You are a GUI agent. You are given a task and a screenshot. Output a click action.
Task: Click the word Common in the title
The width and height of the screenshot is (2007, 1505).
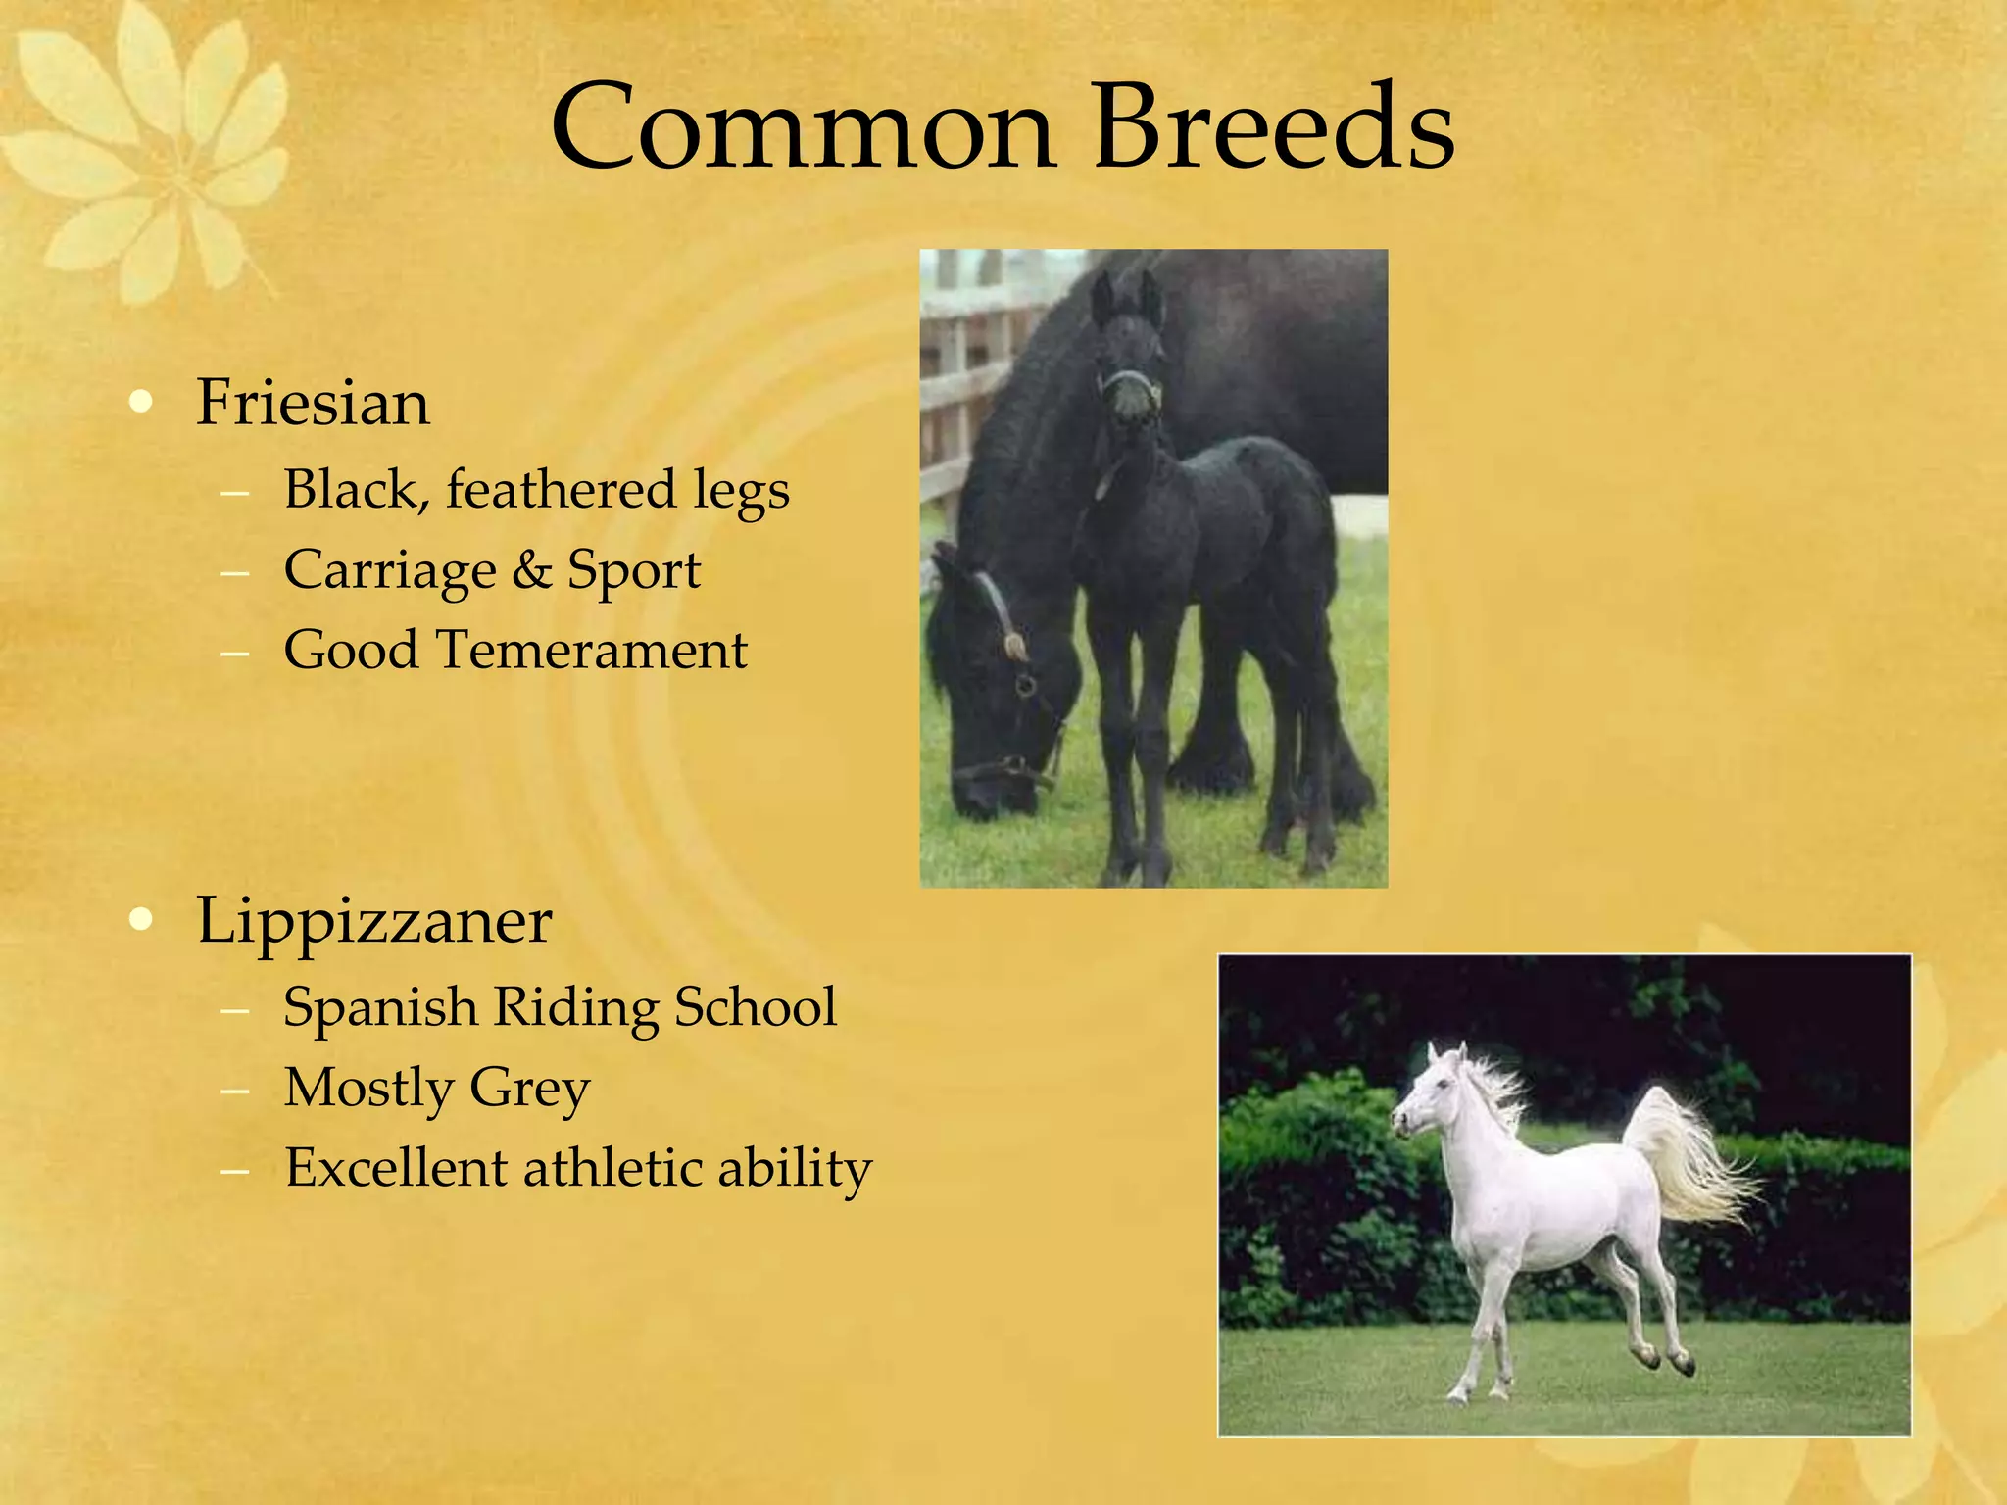803,128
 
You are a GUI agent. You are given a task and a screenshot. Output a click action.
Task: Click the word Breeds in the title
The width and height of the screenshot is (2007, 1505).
1273,128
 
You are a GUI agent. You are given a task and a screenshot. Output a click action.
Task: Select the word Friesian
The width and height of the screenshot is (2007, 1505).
313,403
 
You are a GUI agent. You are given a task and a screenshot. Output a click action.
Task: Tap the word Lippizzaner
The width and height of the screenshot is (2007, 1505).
373,921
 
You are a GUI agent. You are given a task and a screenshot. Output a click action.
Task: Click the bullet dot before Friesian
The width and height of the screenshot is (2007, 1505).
142,402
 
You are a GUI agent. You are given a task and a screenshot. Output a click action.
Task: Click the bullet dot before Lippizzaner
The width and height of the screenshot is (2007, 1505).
142,919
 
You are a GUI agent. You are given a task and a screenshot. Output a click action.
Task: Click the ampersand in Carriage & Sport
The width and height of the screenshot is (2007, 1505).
532,570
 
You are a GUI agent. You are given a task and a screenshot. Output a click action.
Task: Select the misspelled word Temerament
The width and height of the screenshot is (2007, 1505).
591,650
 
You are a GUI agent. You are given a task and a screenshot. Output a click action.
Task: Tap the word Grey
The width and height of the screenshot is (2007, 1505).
529,1089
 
